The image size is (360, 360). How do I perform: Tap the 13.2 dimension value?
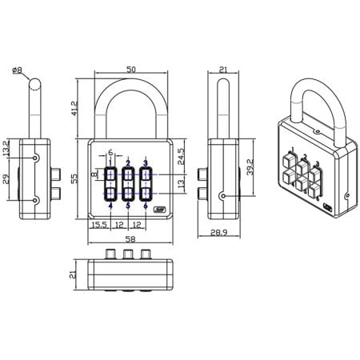tap(6, 149)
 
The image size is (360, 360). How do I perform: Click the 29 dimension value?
tap(6, 180)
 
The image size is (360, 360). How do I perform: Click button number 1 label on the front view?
tap(110, 162)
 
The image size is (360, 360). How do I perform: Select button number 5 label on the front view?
tap(128, 206)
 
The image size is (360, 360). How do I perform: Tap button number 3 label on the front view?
tap(146, 162)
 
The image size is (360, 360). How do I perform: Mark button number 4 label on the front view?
tap(110, 206)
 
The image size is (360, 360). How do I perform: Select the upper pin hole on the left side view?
tap(35, 159)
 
